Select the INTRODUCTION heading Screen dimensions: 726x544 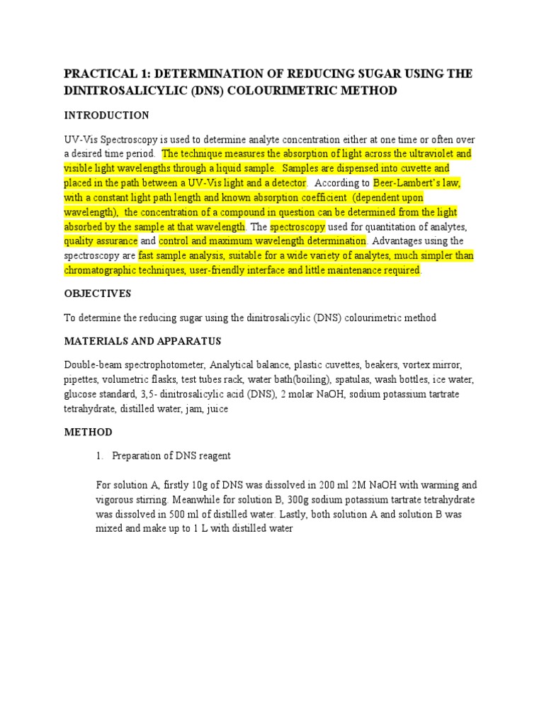pos(106,115)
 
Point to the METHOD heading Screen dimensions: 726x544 pos(88,432)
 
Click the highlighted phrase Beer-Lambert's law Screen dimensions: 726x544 pos(414,183)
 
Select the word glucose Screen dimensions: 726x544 pos(80,395)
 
